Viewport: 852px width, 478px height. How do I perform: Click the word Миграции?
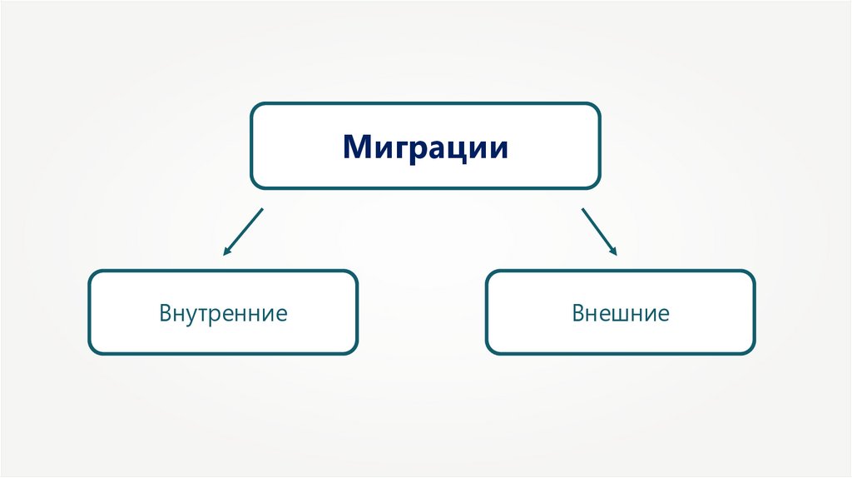click(x=425, y=148)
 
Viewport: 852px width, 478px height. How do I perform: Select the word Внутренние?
click(x=224, y=314)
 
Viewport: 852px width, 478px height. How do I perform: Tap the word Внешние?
click(x=621, y=314)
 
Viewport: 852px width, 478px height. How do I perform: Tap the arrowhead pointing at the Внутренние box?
click(x=225, y=251)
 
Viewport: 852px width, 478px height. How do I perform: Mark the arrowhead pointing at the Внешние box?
click(x=615, y=251)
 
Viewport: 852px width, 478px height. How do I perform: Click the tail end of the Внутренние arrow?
click(x=262, y=209)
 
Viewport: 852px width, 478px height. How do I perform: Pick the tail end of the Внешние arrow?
click(x=582, y=209)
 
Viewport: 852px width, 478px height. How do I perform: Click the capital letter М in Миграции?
click(x=356, y=148)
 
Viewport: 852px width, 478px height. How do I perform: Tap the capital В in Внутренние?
click(x=166, y=314)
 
